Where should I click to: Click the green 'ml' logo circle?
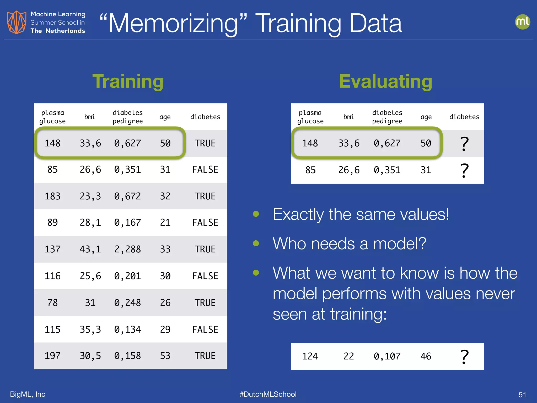[522, 22]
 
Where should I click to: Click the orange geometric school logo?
[17, 22]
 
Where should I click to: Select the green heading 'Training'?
[128, 81]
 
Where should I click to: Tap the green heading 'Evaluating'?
[385, 81]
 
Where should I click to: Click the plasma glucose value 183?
[52, 196]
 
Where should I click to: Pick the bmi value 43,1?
[90, 249]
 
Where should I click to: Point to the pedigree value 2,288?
[127, 249]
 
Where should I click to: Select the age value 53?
[165, 356]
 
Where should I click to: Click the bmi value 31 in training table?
[90, 303]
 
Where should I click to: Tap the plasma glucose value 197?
[52, 356]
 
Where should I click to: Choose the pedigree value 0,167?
[127, 222]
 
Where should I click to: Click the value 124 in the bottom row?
[310, 356]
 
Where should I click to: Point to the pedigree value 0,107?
[387, 356]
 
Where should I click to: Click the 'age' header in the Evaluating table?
[426, 117]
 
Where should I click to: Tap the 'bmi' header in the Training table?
[90, 117]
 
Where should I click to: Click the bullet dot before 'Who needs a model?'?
[256, 243]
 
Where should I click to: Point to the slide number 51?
[522, 395]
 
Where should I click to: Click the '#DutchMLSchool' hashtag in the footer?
[268, 394]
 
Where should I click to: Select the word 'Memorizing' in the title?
[173, 24]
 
